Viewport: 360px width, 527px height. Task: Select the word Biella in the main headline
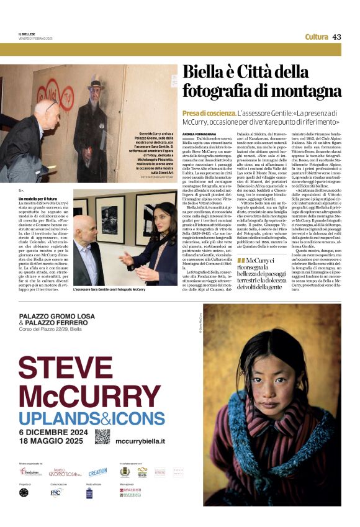point(202,73)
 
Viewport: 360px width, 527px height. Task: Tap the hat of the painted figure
point(96,83)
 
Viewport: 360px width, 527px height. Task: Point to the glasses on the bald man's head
point(52,104)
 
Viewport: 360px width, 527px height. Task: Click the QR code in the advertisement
point(102,436)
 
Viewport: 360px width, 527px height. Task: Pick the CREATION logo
point(97,472)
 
